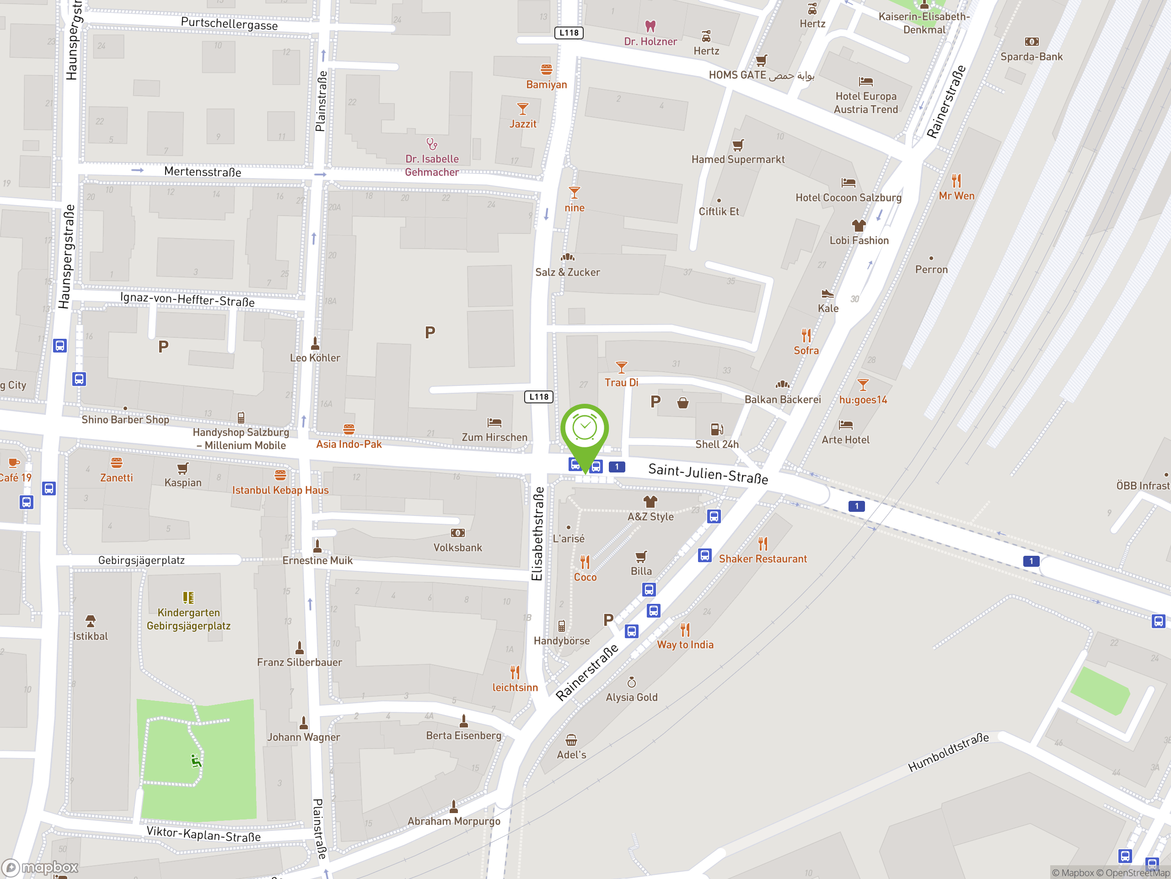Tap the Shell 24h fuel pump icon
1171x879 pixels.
click(717, 429)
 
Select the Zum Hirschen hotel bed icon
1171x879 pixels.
click(494, 422)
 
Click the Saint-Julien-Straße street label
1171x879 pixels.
click(708, 473)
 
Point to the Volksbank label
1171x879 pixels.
click(457, 548)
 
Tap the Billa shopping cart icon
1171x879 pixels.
click(641, 556)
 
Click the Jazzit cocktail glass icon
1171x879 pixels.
click(522, 109)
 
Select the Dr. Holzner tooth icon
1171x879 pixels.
click(650, 26)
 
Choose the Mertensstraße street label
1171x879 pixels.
click(202, 172)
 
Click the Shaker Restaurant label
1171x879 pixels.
click(763, 559)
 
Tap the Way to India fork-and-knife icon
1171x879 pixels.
click(685, 629)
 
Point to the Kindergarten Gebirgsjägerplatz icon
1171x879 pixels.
click(188, 597)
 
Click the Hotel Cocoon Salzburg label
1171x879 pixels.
click(848, 198)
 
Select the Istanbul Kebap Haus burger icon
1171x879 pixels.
click(280, 475)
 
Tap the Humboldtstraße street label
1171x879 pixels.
click(948, 752)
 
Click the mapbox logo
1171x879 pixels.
click(40, 868)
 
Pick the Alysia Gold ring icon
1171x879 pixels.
click(632, 682)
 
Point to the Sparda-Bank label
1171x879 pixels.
click(1031, 57)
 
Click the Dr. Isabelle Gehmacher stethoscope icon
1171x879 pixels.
click(432, 144)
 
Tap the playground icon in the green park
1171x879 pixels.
click(196, 761)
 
